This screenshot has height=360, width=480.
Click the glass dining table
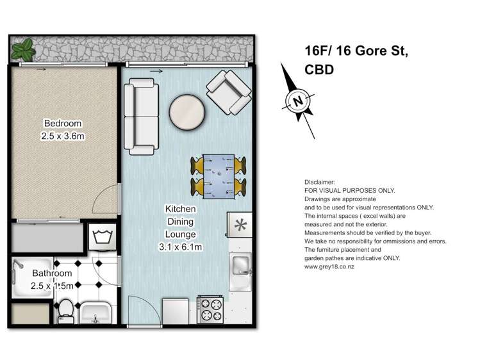coord(219,175)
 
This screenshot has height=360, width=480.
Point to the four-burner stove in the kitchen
coord(210,311)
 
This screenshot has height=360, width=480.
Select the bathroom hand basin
coord(97,313)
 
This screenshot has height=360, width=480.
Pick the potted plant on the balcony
coord(24,47)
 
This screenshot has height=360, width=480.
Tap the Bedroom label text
coord(62,124)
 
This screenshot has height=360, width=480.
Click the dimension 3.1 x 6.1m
coord(181,246)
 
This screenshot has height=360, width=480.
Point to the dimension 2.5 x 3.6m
coord(62,136)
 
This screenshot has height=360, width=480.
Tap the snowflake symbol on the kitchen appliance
coord(241,225)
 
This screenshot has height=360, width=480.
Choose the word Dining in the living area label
coord(181,222)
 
